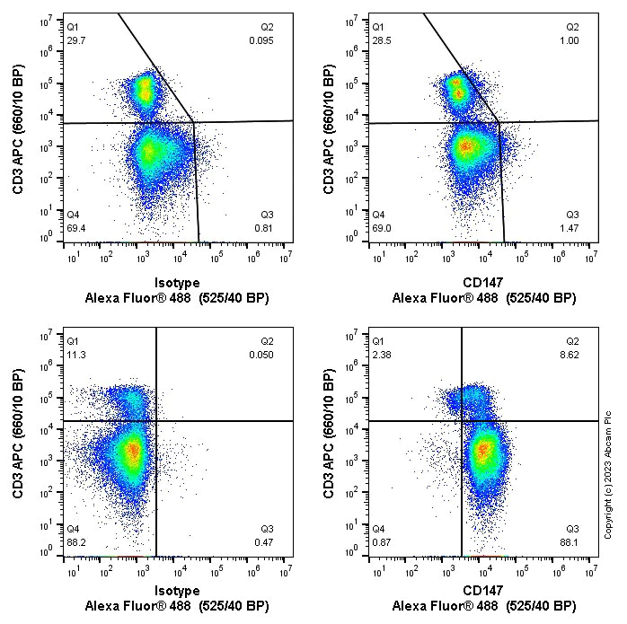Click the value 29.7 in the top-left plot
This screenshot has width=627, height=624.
coord(76,40)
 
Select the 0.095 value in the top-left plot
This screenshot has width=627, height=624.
coord(261,40)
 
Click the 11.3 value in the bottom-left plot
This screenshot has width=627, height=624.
coord(76,354)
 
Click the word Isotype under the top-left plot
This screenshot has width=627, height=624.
coord(177,282)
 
